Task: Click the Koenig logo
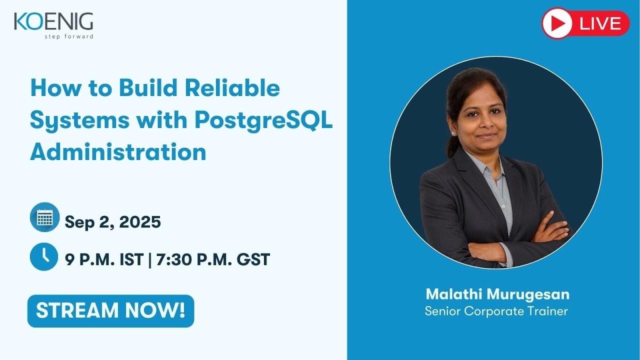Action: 53,22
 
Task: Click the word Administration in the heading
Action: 118,152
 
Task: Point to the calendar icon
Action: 44,217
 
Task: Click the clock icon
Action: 44,256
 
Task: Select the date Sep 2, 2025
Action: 112,221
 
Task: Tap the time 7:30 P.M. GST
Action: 213,259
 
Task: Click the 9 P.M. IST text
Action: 104,259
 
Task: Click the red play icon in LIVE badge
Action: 557,23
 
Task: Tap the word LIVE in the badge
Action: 600,23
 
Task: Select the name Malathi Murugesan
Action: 497,293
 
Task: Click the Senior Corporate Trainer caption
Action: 496,311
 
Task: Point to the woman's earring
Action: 453,133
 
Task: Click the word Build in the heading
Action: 149,88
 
